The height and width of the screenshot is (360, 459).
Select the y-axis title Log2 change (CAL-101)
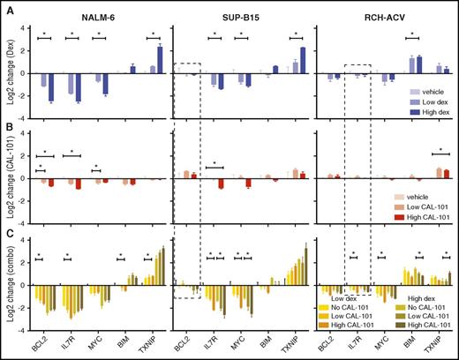click(11, 176)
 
